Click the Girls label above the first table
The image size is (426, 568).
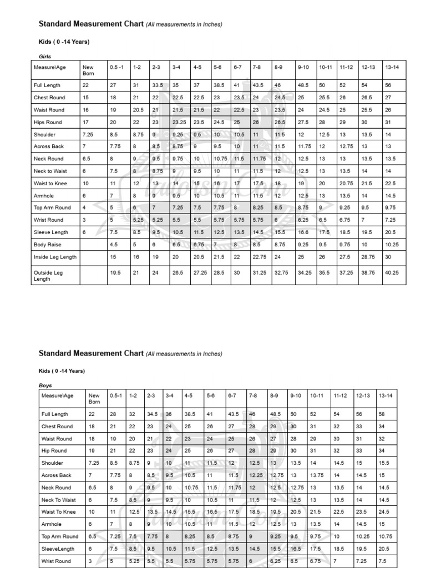(x=44, y=56)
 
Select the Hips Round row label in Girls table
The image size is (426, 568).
(x=48, y=122)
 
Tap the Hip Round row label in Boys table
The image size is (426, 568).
(x=54, y=451)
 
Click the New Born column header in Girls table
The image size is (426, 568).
(x=88, y=70)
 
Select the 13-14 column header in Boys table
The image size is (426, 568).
(x=385, y=396)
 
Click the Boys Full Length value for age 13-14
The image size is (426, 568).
(x=383, y=414)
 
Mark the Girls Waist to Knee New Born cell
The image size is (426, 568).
(x=86, y=184)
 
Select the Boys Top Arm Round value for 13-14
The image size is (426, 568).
(x=385, y=536)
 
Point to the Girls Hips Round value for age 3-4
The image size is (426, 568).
(x=179, y=122)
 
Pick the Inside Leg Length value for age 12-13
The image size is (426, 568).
(x=368, y=257)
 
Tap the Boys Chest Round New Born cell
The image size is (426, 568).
(x=92, y=427)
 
